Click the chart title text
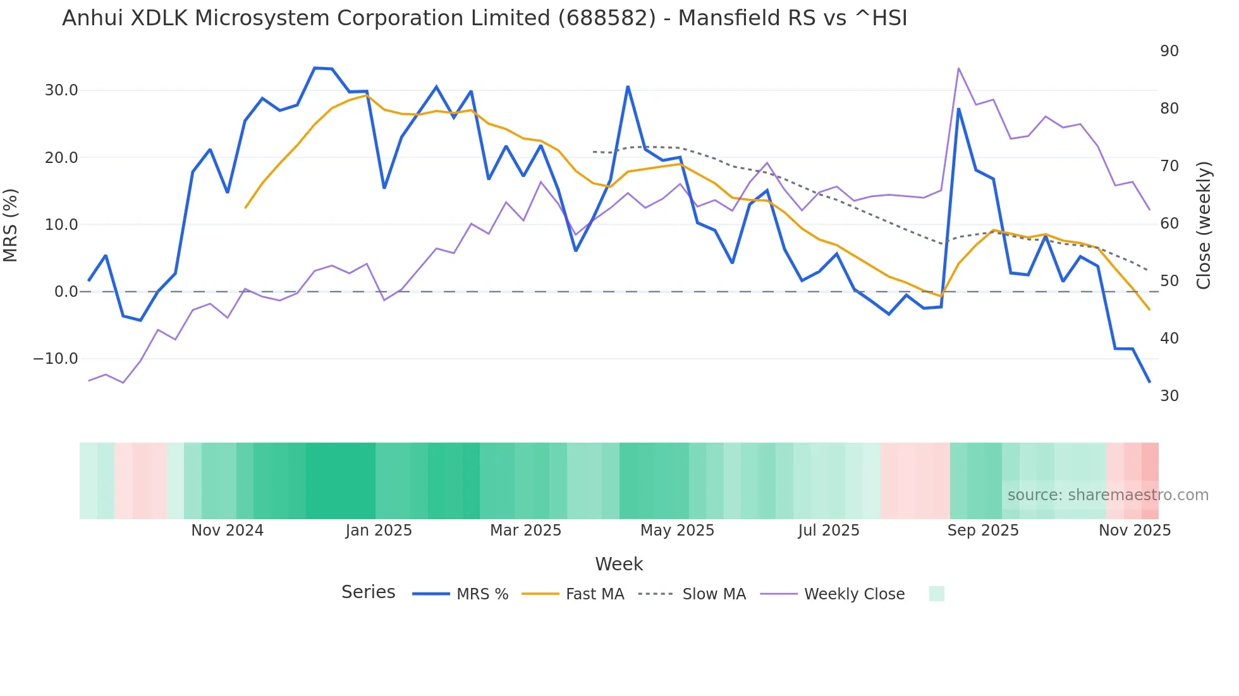tap(484, 18)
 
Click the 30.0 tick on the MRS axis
tap(61, 90)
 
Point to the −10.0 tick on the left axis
tap(56, 359)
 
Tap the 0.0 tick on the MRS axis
tap(66, 292)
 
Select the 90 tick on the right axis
tap(1169, 51)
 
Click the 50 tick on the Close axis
tap(1169, 281)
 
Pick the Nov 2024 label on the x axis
tap(227, 531)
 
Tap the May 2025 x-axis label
tap(677, 531)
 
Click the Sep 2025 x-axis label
tap(982, 531)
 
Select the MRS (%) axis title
tap(11, 225)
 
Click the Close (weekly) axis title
tap(1204, 225)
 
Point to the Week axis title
tap(619, 564)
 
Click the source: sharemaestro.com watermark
tap(1108, 495)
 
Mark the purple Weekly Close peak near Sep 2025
tap(958, 68)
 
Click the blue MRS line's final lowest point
tap(1149, 381)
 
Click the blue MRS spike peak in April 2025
tap(628, 87)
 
